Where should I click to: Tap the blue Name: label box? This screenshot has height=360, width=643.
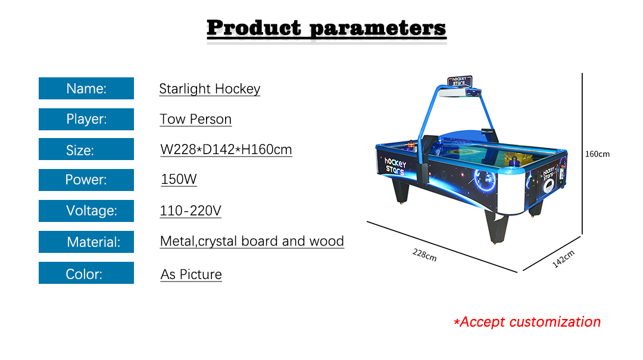coord(86,88)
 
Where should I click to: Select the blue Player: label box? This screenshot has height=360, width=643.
coord(86,120)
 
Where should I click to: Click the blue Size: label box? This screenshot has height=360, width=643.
coord(86,149)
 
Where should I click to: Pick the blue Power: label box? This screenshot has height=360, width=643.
coord(86,180)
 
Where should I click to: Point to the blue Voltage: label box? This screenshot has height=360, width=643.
coord(86,211)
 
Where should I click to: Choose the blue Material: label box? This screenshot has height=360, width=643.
coord(86,242)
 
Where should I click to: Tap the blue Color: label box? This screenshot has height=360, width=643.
coord(86,273)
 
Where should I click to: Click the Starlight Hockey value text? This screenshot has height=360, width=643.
coord(210,89)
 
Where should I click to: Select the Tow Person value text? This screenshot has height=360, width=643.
coord(196,120)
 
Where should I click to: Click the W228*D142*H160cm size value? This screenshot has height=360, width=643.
coord(226,150)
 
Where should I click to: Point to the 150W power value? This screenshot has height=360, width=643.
coord(179,179)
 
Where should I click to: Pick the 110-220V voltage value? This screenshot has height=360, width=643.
coord(191,211)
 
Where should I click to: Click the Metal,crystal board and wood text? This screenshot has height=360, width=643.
coord(252,241)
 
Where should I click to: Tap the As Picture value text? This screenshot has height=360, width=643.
coord(191,274)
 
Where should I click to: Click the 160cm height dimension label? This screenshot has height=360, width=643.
coord(597,154)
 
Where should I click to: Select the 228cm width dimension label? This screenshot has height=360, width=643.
coord(424,255)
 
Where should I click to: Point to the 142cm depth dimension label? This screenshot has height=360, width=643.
coord(563,259)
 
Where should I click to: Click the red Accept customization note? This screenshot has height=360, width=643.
coord(527,322)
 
